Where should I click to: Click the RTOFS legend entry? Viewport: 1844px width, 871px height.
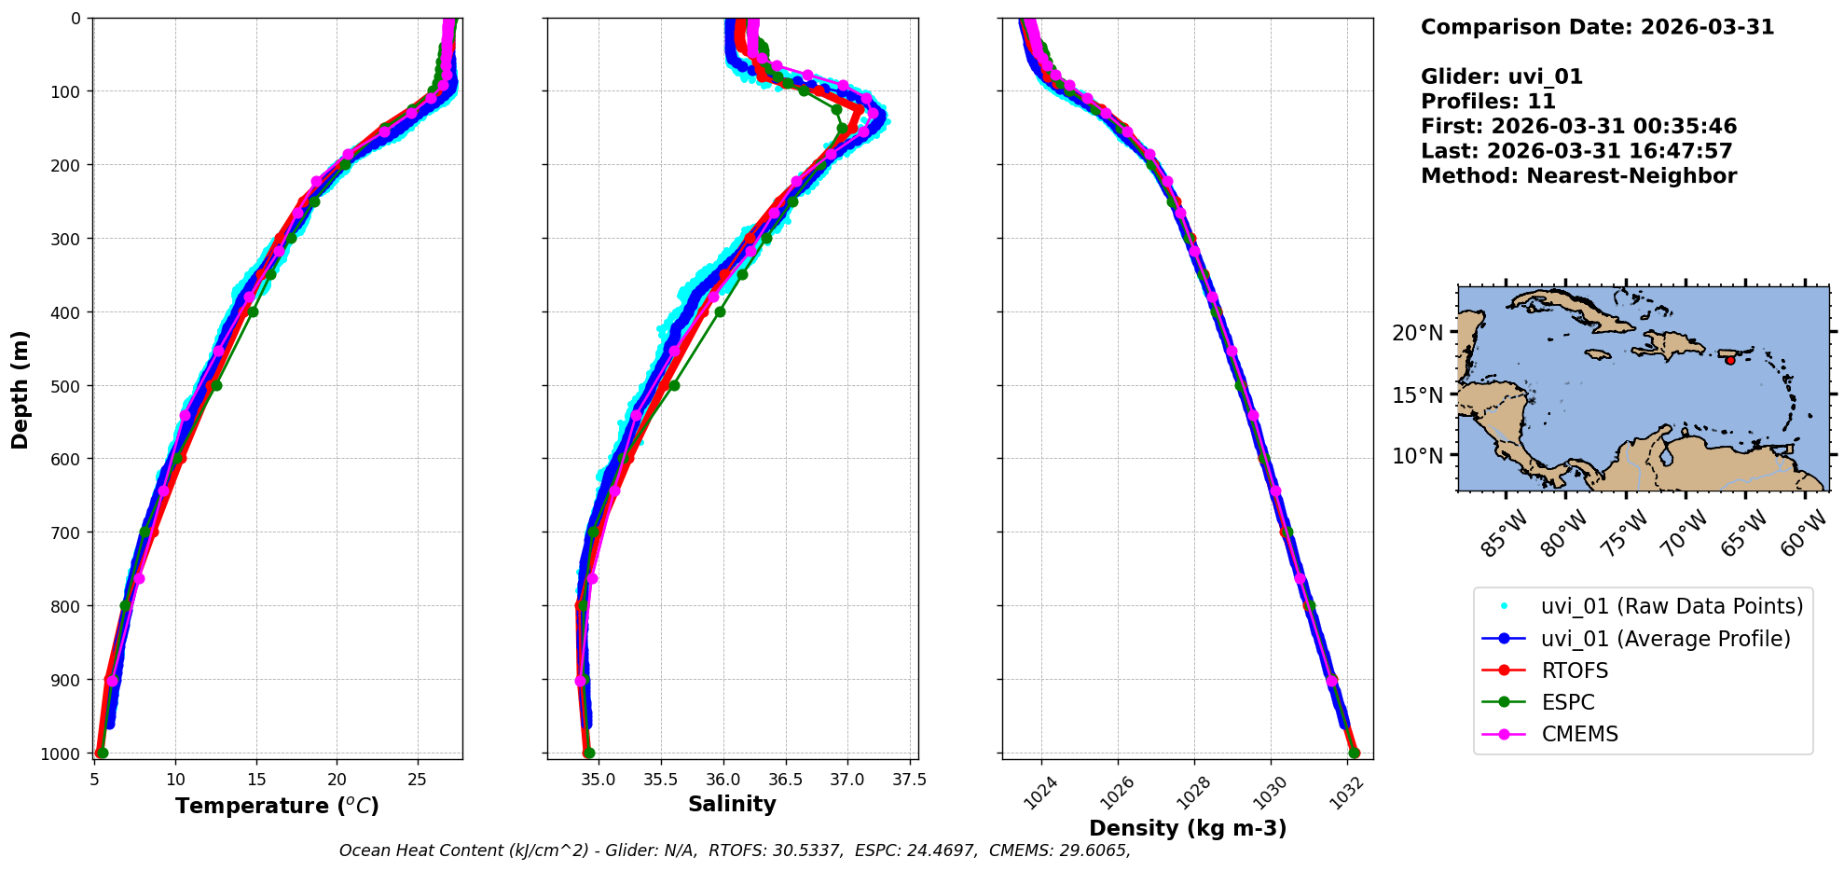(x=1574, y=671)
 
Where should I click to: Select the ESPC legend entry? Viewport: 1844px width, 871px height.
(x=1567, y=702)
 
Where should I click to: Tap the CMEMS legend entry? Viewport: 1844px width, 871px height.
(x=1579, y=734)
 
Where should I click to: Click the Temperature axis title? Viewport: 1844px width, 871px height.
(x=277, y=806)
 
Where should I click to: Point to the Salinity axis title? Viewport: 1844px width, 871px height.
(x=732, y=804)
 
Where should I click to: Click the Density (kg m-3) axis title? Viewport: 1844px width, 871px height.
(x=1187, y=828)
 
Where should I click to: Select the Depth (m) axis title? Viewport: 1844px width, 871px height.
(x=20, y=389)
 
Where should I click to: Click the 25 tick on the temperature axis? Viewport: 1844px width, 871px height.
(x=418, y=780)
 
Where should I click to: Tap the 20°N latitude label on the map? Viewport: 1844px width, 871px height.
(x=1417, y=333)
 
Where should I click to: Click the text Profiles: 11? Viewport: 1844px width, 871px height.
(x=1487, y=102)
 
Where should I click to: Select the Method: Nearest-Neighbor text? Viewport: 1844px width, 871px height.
(x=1577, y=176)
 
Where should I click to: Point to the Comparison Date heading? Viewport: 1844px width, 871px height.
(x=1596, y=27)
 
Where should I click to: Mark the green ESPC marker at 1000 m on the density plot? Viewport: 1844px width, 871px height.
(x=1355, y=753)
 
